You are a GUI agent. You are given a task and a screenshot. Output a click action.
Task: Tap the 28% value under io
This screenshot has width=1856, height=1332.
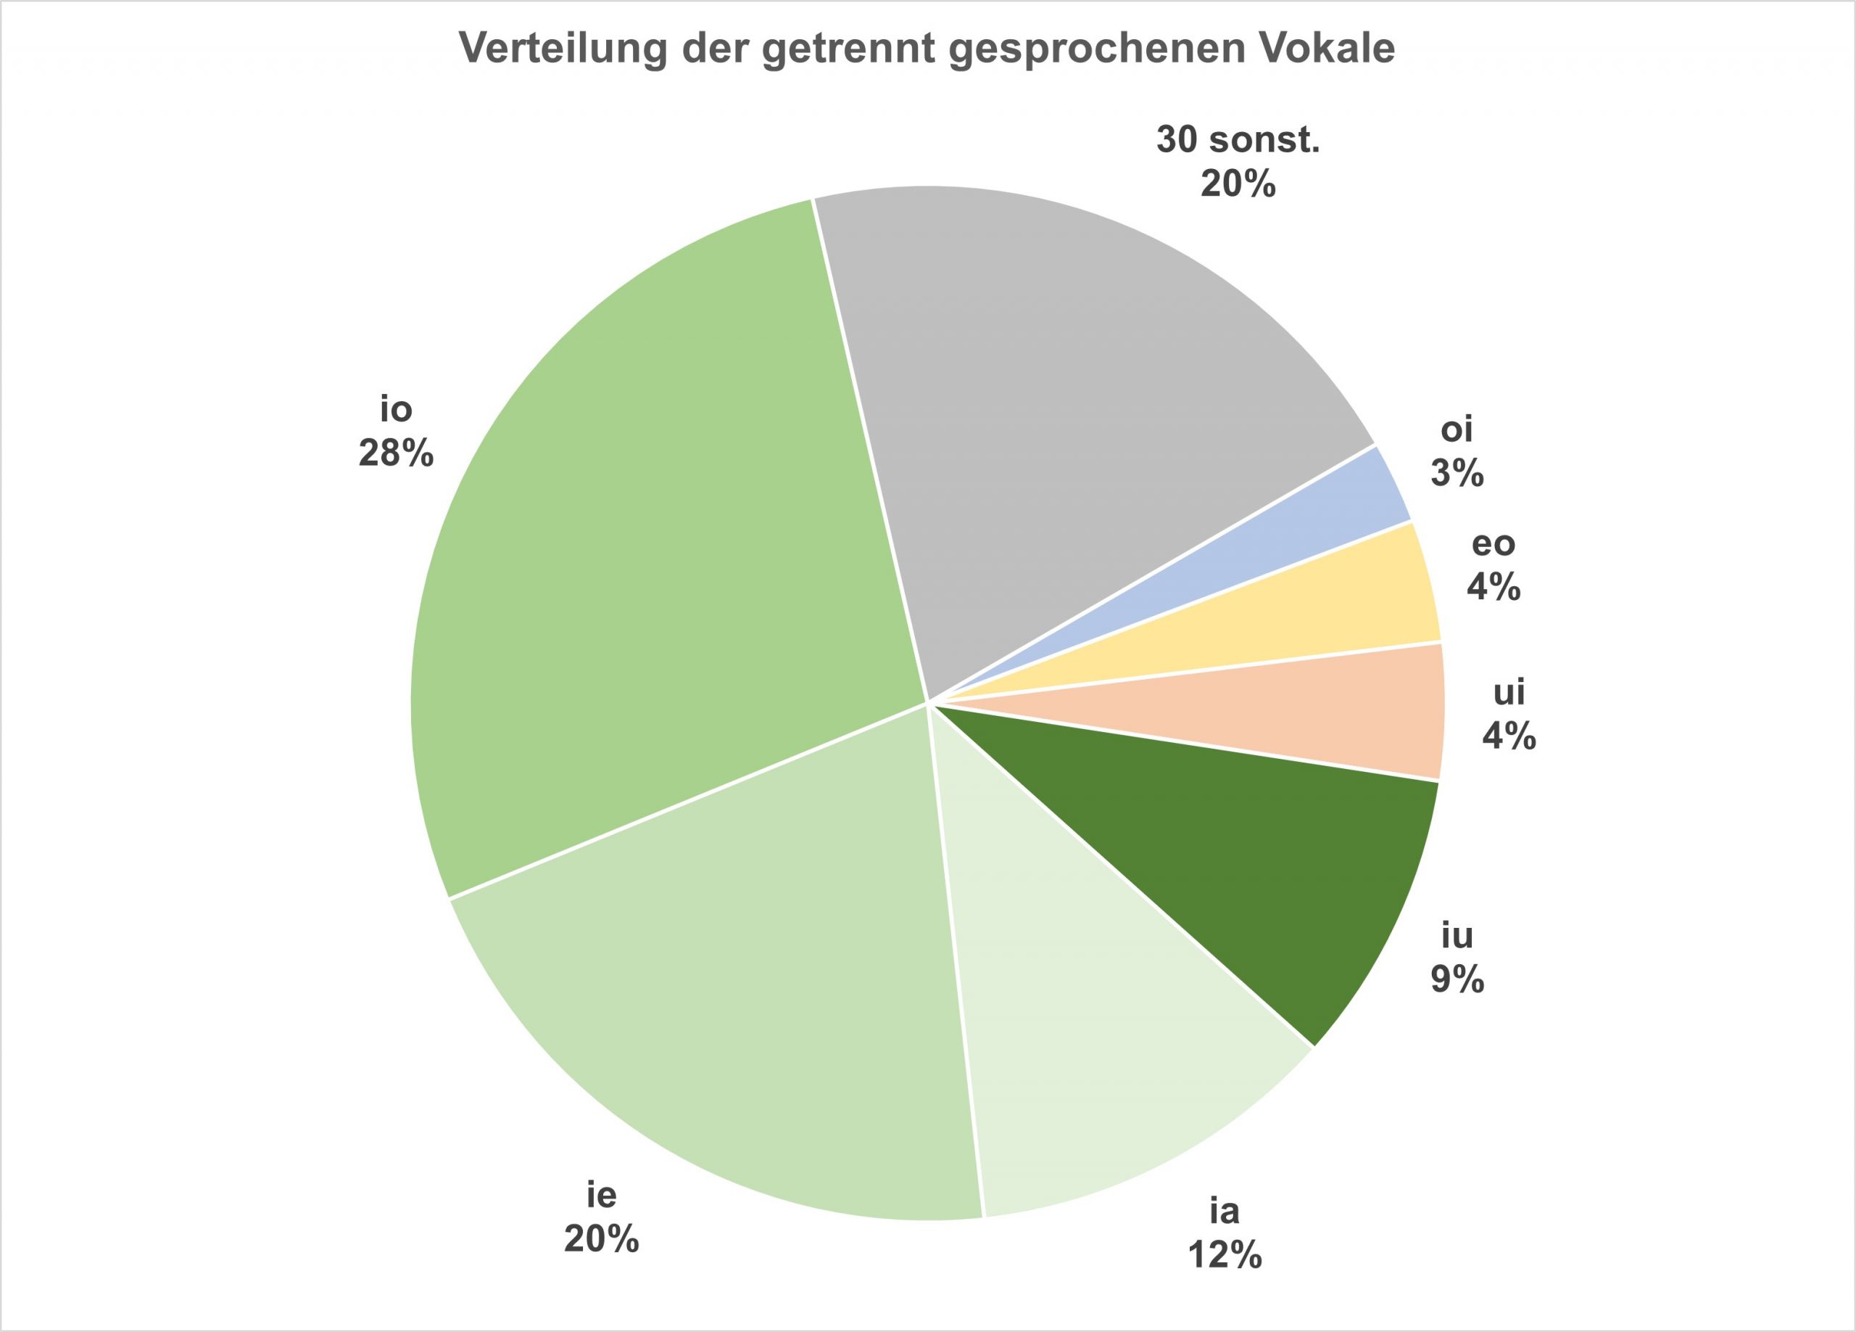pos(396,453)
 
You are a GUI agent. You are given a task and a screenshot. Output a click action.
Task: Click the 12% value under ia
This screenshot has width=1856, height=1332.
pos(1225,1255)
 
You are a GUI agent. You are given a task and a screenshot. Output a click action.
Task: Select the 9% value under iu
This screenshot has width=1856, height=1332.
pos(1457,980)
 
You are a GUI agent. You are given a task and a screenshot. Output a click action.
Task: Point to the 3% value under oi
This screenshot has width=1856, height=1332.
pos(1457,474)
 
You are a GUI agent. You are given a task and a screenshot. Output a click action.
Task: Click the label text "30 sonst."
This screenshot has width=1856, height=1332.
pos(1238,140)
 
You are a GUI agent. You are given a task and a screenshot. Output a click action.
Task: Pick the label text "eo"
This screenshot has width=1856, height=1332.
pos(1493,543)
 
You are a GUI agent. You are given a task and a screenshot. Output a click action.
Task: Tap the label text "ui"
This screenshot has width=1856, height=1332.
pos(1509,693)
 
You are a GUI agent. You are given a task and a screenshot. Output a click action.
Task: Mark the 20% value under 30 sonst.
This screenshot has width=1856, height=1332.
pos(1238,185)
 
